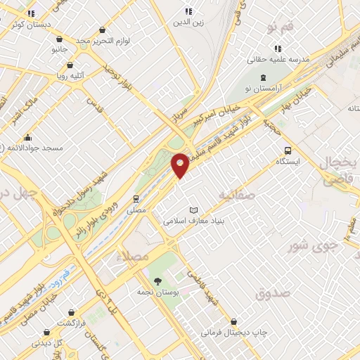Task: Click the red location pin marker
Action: coord(180,165)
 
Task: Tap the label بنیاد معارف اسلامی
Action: coord(193,220)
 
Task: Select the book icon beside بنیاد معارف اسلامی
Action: coord(193,210)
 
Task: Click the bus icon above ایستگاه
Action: coord(287,150)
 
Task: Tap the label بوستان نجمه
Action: coord(156,290)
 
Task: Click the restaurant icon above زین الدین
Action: coord(188,11)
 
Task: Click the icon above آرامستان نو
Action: coord(262,77)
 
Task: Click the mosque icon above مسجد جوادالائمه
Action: coord(27,137)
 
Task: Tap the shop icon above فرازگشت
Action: coord(71,313)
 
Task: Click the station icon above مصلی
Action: coord(136,198)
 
